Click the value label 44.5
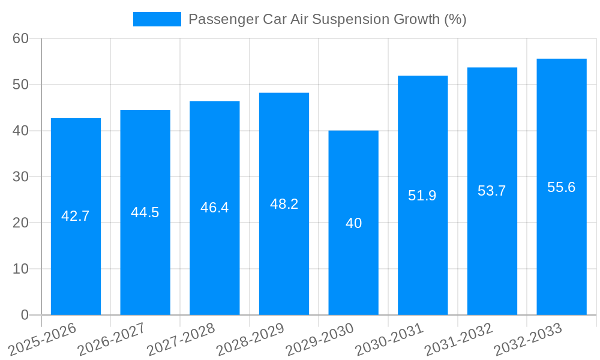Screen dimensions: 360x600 tap(145, 212)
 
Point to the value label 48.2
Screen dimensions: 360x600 tap(284, 204)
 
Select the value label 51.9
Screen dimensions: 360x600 tap(422, 196)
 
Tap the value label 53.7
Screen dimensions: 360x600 tap(492, 191)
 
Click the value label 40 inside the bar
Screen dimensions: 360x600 tap(353, 223)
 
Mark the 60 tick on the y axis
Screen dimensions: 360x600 tap(20, 38)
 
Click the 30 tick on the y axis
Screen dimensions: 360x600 tap(20, 177)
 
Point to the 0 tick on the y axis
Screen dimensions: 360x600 tap(25, 315)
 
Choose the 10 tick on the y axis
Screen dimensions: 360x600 tap(20, 269)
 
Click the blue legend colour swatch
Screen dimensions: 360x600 tap(157, 19)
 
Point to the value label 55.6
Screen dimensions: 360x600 tap(562, 187)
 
